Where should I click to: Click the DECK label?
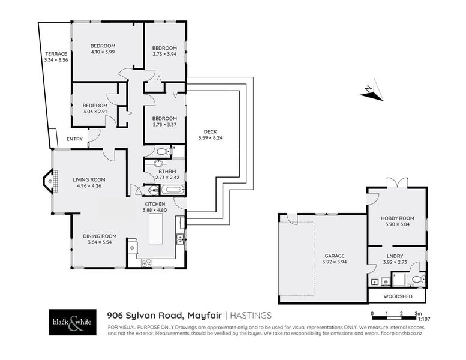point(210,132)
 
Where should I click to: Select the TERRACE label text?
point(55,54)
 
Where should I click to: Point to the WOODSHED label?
point(396,296)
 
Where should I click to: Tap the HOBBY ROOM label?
point(397,218)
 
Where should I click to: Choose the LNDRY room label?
point(397,255)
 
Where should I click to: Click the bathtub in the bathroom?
point(173,190)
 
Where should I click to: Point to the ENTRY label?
point(75,139)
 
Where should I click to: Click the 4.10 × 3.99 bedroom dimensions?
point(103,52)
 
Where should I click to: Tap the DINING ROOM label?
point(100,236)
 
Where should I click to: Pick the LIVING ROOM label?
point(89,179)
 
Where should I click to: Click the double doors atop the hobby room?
point(397,182)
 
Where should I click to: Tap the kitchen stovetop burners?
point(146,262)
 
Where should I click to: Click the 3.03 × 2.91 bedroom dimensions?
point(94,111)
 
